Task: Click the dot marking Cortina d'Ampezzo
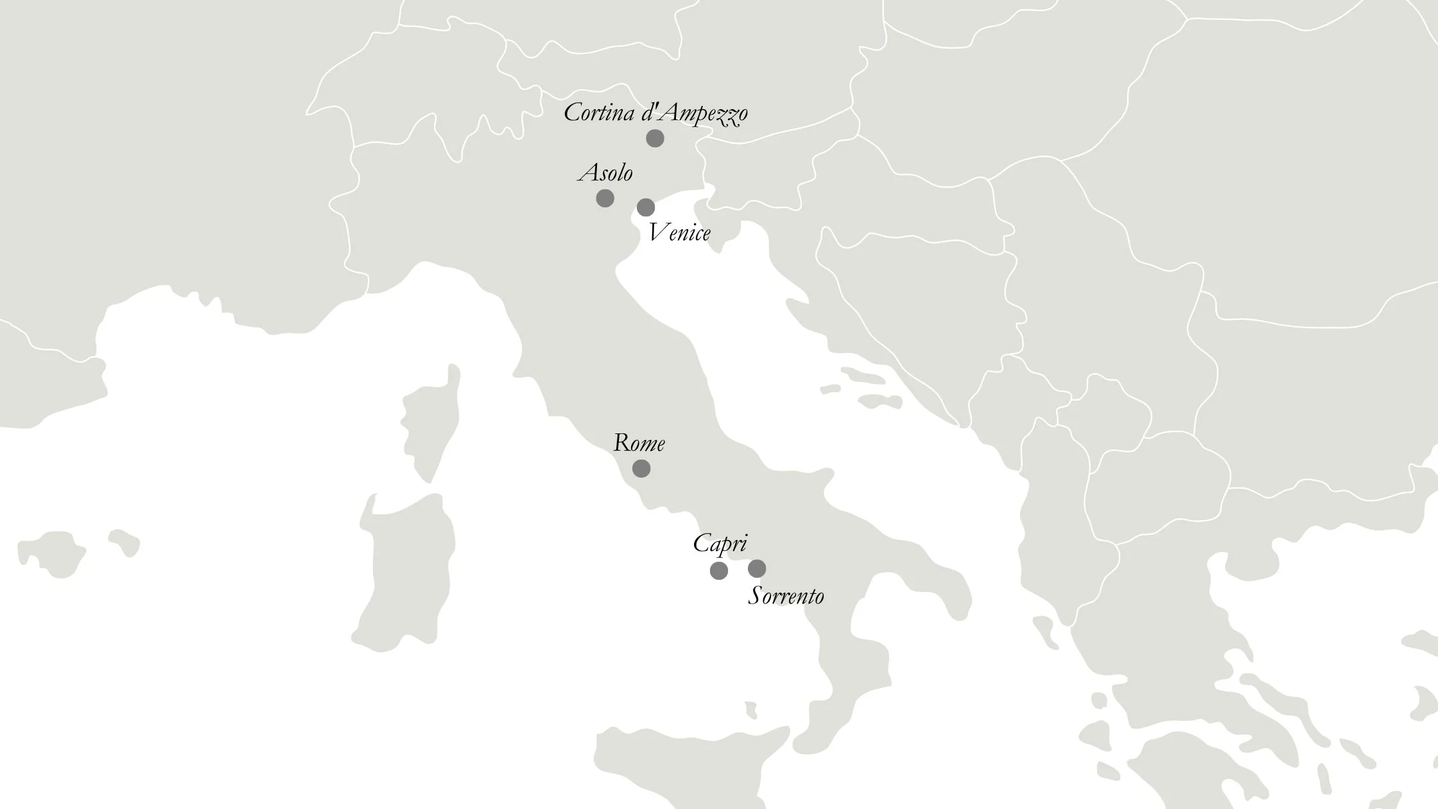655,138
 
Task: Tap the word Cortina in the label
600,114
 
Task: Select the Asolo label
606,173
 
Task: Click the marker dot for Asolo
605,198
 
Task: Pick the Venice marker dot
646,207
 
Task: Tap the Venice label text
679,232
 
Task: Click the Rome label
639,443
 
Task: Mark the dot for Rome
641,469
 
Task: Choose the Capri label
720,544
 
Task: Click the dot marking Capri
719,570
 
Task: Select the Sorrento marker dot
757,568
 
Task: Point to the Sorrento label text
786,596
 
